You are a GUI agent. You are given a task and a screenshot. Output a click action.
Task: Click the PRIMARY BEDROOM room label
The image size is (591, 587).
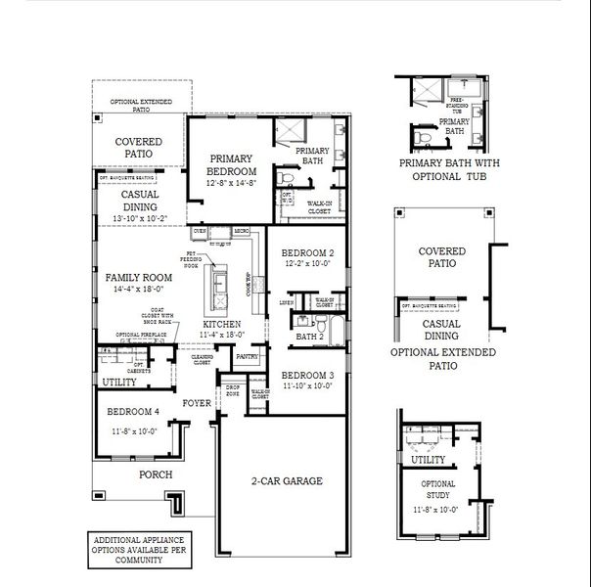(230, 164)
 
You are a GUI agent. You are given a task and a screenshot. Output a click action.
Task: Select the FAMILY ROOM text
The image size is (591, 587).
(140, 278)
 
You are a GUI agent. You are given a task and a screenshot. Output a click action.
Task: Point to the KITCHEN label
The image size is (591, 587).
(222, 324)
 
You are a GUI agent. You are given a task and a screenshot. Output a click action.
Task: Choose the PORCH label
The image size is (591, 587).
(156, 474)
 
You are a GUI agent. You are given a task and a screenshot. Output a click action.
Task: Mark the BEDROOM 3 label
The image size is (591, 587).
(307, 376)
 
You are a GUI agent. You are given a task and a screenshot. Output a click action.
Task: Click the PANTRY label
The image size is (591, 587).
(247, 357)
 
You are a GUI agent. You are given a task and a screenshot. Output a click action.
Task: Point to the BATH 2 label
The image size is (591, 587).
(310, 337)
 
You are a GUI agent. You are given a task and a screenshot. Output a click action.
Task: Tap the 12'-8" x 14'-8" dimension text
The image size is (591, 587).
(230, 183)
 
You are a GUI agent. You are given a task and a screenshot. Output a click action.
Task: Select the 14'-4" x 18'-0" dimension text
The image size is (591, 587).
(140, 290)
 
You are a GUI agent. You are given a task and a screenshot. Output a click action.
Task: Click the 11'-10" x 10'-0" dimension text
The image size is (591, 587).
(307, 386)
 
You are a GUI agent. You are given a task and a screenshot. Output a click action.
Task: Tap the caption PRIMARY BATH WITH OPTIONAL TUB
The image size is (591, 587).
(443, 170)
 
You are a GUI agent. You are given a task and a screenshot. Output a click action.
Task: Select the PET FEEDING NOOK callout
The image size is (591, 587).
(192, 259)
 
